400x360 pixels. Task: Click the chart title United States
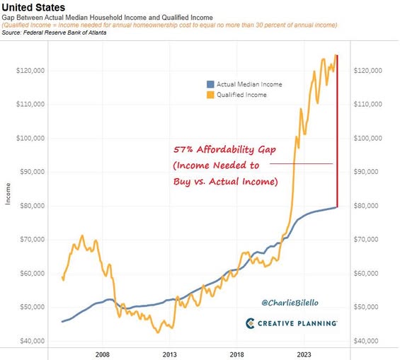[33, 7]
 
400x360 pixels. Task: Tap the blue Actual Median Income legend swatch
[210, 84]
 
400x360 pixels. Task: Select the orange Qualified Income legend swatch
[210, 95]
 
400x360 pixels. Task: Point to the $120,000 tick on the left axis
[30, 71]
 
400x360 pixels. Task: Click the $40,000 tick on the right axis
[366, 341]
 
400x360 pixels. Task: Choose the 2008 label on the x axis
[102, 354]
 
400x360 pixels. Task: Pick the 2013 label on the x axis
[170, 354]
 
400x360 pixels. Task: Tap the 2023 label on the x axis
[304, 354]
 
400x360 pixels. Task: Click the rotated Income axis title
[8, 194]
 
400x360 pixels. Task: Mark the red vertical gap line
[337, 131]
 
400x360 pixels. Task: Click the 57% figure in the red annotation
[183, 149]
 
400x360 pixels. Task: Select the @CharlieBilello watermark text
[290, 303]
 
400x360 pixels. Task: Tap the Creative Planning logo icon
[250, 323]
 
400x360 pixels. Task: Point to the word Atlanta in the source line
[97, 33]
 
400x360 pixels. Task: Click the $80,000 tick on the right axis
[366, 206]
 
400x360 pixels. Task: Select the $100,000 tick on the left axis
[30, 139]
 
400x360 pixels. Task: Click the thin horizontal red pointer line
[302, 163]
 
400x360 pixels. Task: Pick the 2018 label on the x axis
[236, 354]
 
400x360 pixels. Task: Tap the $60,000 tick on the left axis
[33, 274]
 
